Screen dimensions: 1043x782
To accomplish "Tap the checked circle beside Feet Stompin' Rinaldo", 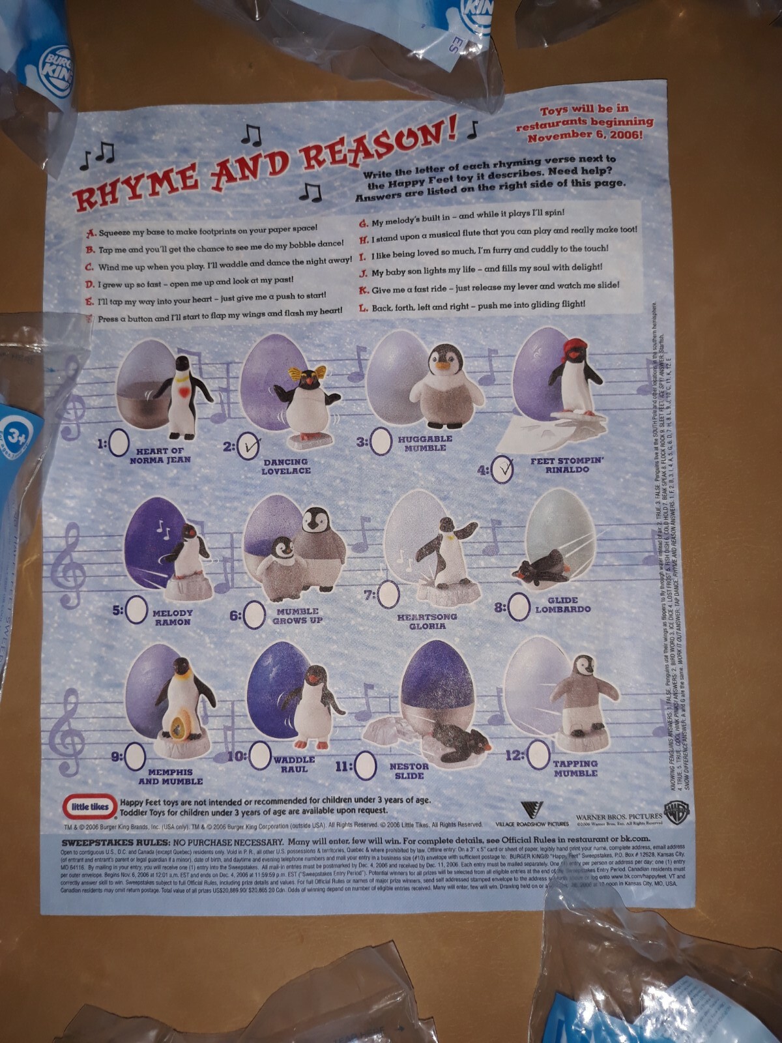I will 502,469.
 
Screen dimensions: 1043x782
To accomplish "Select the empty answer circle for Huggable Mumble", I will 381,441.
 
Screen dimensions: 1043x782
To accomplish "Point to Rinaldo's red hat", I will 574,345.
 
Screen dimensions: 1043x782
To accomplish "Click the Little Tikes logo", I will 89,806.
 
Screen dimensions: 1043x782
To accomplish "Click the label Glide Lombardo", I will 562,605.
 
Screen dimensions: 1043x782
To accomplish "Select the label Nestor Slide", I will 409,771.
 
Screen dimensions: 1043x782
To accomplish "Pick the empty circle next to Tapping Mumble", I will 538,756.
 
